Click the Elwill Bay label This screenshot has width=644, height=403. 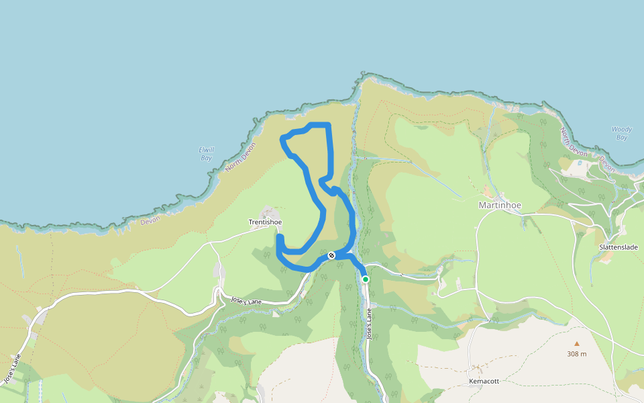pyautogui.click(x=206, y=154)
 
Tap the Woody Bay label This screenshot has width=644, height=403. pyautogui.click(x=621, y=134)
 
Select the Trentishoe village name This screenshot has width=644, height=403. pyautogui.click(x=265, y=222)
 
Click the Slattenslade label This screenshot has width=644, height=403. pyautogui.click(x=618, y=247)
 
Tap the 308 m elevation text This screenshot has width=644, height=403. pyautogui.click(x=576, y=354)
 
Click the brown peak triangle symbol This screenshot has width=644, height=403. pyautogui.click(x=576, y=343)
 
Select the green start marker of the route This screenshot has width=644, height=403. pyautogui.click(x=366, y=279)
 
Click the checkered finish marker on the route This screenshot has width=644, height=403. pyautogui.click(x=331, y=255)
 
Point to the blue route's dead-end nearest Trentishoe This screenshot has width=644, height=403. pyautogui.click(x=279, y=236)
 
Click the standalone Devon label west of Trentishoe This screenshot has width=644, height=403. pyautogui.click(x=150, y=220)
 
